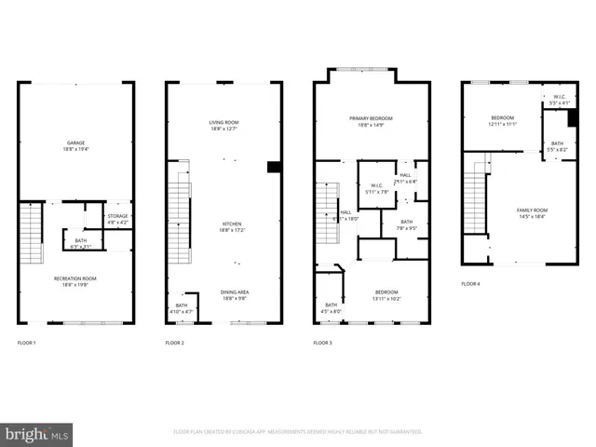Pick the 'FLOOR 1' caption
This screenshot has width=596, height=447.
pyautogui.click(x=27, y=343)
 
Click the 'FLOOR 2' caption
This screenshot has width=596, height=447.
pyautogui.click(x=175, y=343)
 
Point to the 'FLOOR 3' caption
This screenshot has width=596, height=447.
pyautogui.click(x=323, y=343)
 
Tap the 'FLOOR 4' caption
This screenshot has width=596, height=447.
pyautogui.click(x=471, y=283)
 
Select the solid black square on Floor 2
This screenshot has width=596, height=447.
pyautogui.click(x=274, y=168)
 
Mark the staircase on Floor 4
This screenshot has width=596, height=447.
pyautogui.click(x=476, y=205)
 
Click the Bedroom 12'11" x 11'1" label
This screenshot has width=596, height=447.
pyautogui.click(x=503, y=121)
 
